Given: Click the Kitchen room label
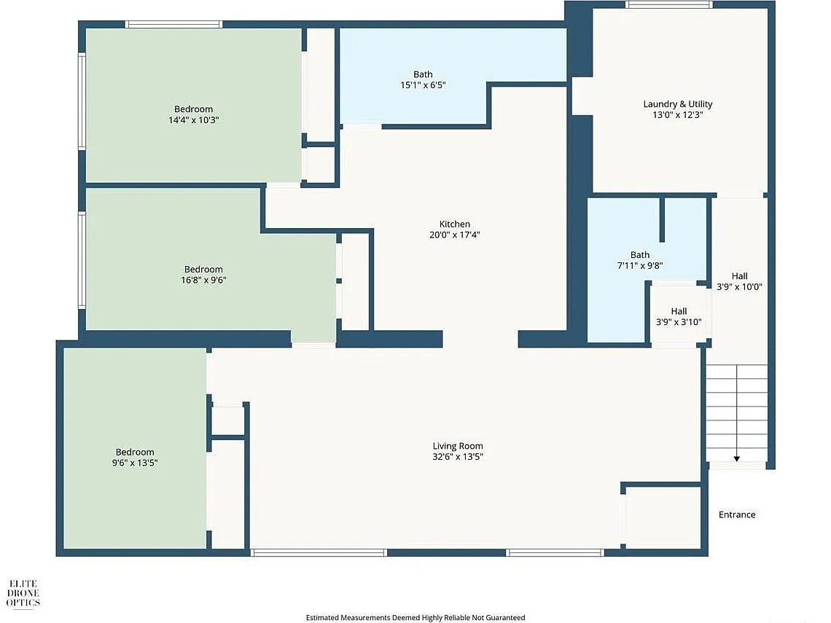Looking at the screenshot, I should (x=454, y=224).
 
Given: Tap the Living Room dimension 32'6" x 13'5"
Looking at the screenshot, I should (x=458, y=457).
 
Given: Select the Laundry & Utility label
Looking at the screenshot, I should (x=677, y=104).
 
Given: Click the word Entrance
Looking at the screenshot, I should (x=737, y=514).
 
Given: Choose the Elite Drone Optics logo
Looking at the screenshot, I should (x=24, y=593).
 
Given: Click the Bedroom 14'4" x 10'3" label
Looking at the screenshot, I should (x=193, y=109).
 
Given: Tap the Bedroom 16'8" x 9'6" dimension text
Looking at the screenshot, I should (x=203, y=280).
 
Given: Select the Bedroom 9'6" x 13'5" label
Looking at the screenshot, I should (x=135, y=452).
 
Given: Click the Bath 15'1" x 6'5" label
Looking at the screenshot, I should (x=423, y=74).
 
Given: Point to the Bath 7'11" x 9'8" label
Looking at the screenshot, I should (x=640, y=255).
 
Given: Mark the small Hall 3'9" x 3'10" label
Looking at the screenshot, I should (x=679, y=311).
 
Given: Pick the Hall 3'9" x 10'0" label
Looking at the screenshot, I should (x=739, y=276).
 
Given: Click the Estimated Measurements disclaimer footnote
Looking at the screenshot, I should (x=415, y=617).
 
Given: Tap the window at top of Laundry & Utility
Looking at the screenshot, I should (x=668, y=5).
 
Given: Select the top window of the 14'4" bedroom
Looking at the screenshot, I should (x=173, y=24).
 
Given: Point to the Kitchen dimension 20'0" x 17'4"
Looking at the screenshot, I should (x=454, y=235).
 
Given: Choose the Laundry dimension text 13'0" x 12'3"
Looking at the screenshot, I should (x=677, y=114).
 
